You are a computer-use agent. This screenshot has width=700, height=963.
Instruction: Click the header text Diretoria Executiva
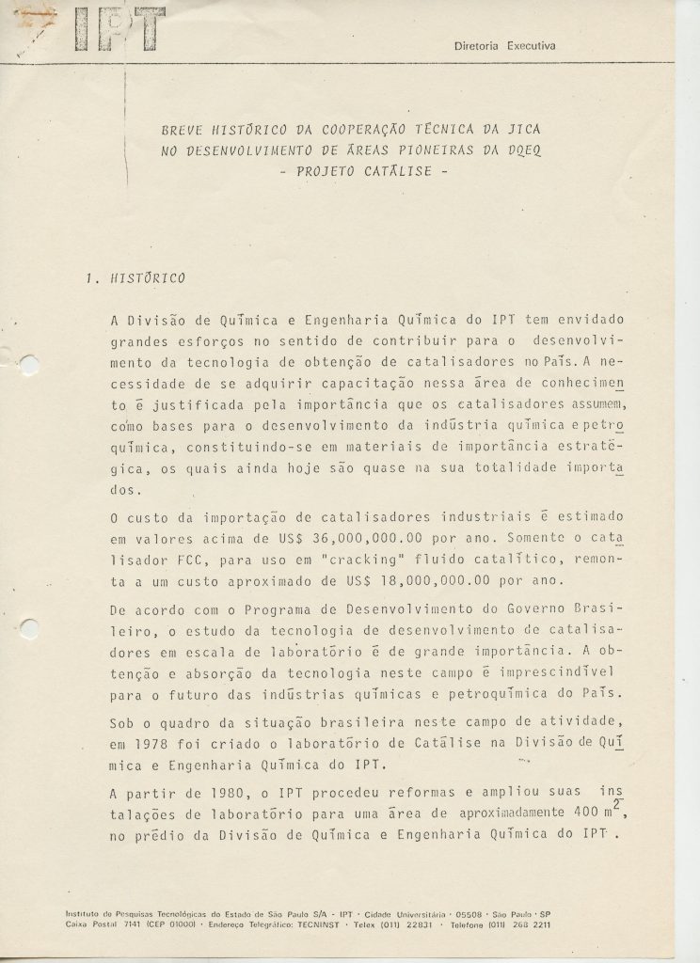pos(505,45)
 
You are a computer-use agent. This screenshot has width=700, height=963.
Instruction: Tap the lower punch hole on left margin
pos(28,625)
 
